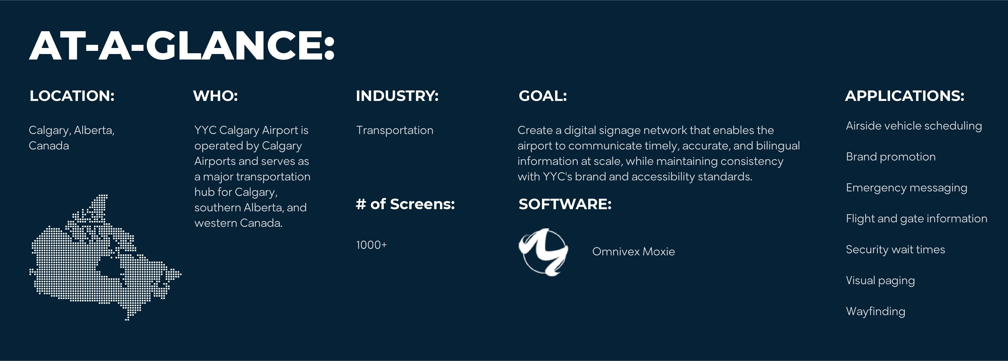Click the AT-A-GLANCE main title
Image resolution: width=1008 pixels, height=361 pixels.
pos(182,45)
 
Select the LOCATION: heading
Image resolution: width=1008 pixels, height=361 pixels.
pos(72,96)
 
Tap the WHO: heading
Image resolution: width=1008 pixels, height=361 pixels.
pos(215,96)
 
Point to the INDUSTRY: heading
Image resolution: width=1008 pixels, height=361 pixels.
pos(397,96)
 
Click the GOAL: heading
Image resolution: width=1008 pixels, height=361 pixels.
pos(543,96)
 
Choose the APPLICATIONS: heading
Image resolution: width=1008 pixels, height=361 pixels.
pos(905,96)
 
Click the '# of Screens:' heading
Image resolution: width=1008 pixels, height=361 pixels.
pos(405,204)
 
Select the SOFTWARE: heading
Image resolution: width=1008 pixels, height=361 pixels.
pos(565,204)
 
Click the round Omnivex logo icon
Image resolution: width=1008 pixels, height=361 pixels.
pos(544,252)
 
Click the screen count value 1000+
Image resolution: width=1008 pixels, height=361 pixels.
pos(371,245)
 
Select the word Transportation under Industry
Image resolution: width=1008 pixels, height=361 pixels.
pos(395,130)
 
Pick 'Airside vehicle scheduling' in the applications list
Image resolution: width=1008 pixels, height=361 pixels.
pos(914,126)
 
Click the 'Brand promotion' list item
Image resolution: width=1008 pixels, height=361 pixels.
pos(891,157)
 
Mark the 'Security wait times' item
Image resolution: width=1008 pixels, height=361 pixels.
pos(895,250)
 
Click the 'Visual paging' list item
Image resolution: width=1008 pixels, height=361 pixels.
pos(880,281)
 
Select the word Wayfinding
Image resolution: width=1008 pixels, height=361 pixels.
pos(876,311)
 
